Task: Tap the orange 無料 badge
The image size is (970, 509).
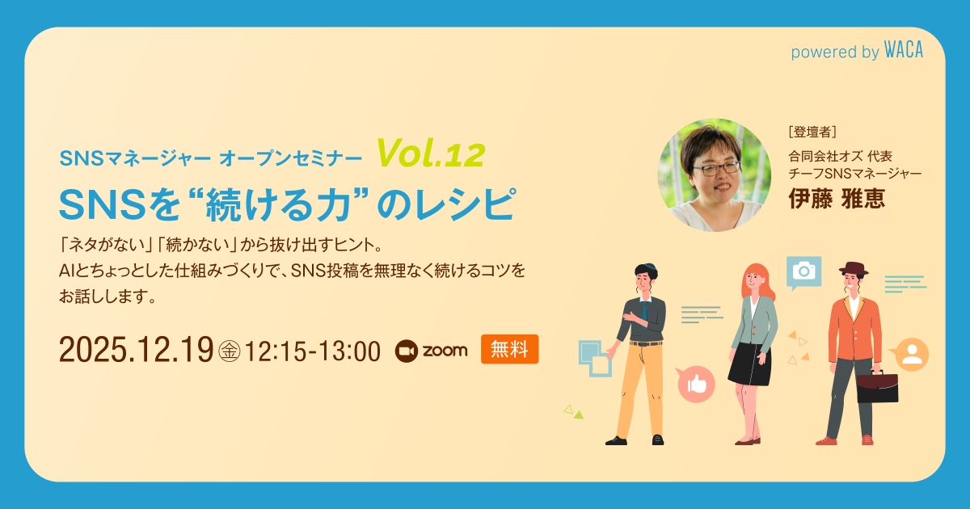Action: pos(509,350)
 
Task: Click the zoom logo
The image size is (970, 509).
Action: pos(432,350)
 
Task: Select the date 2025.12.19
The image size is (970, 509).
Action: pos(136,351)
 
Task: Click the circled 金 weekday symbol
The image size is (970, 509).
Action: pos(230,351)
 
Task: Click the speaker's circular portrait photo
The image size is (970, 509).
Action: pos(715,175)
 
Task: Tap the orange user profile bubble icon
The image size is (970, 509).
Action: pos(912,355)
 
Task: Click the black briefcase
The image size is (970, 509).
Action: pos(877,387)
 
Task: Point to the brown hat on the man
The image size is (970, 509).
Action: pos(852,269)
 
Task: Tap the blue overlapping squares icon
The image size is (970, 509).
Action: pos(595,356)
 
